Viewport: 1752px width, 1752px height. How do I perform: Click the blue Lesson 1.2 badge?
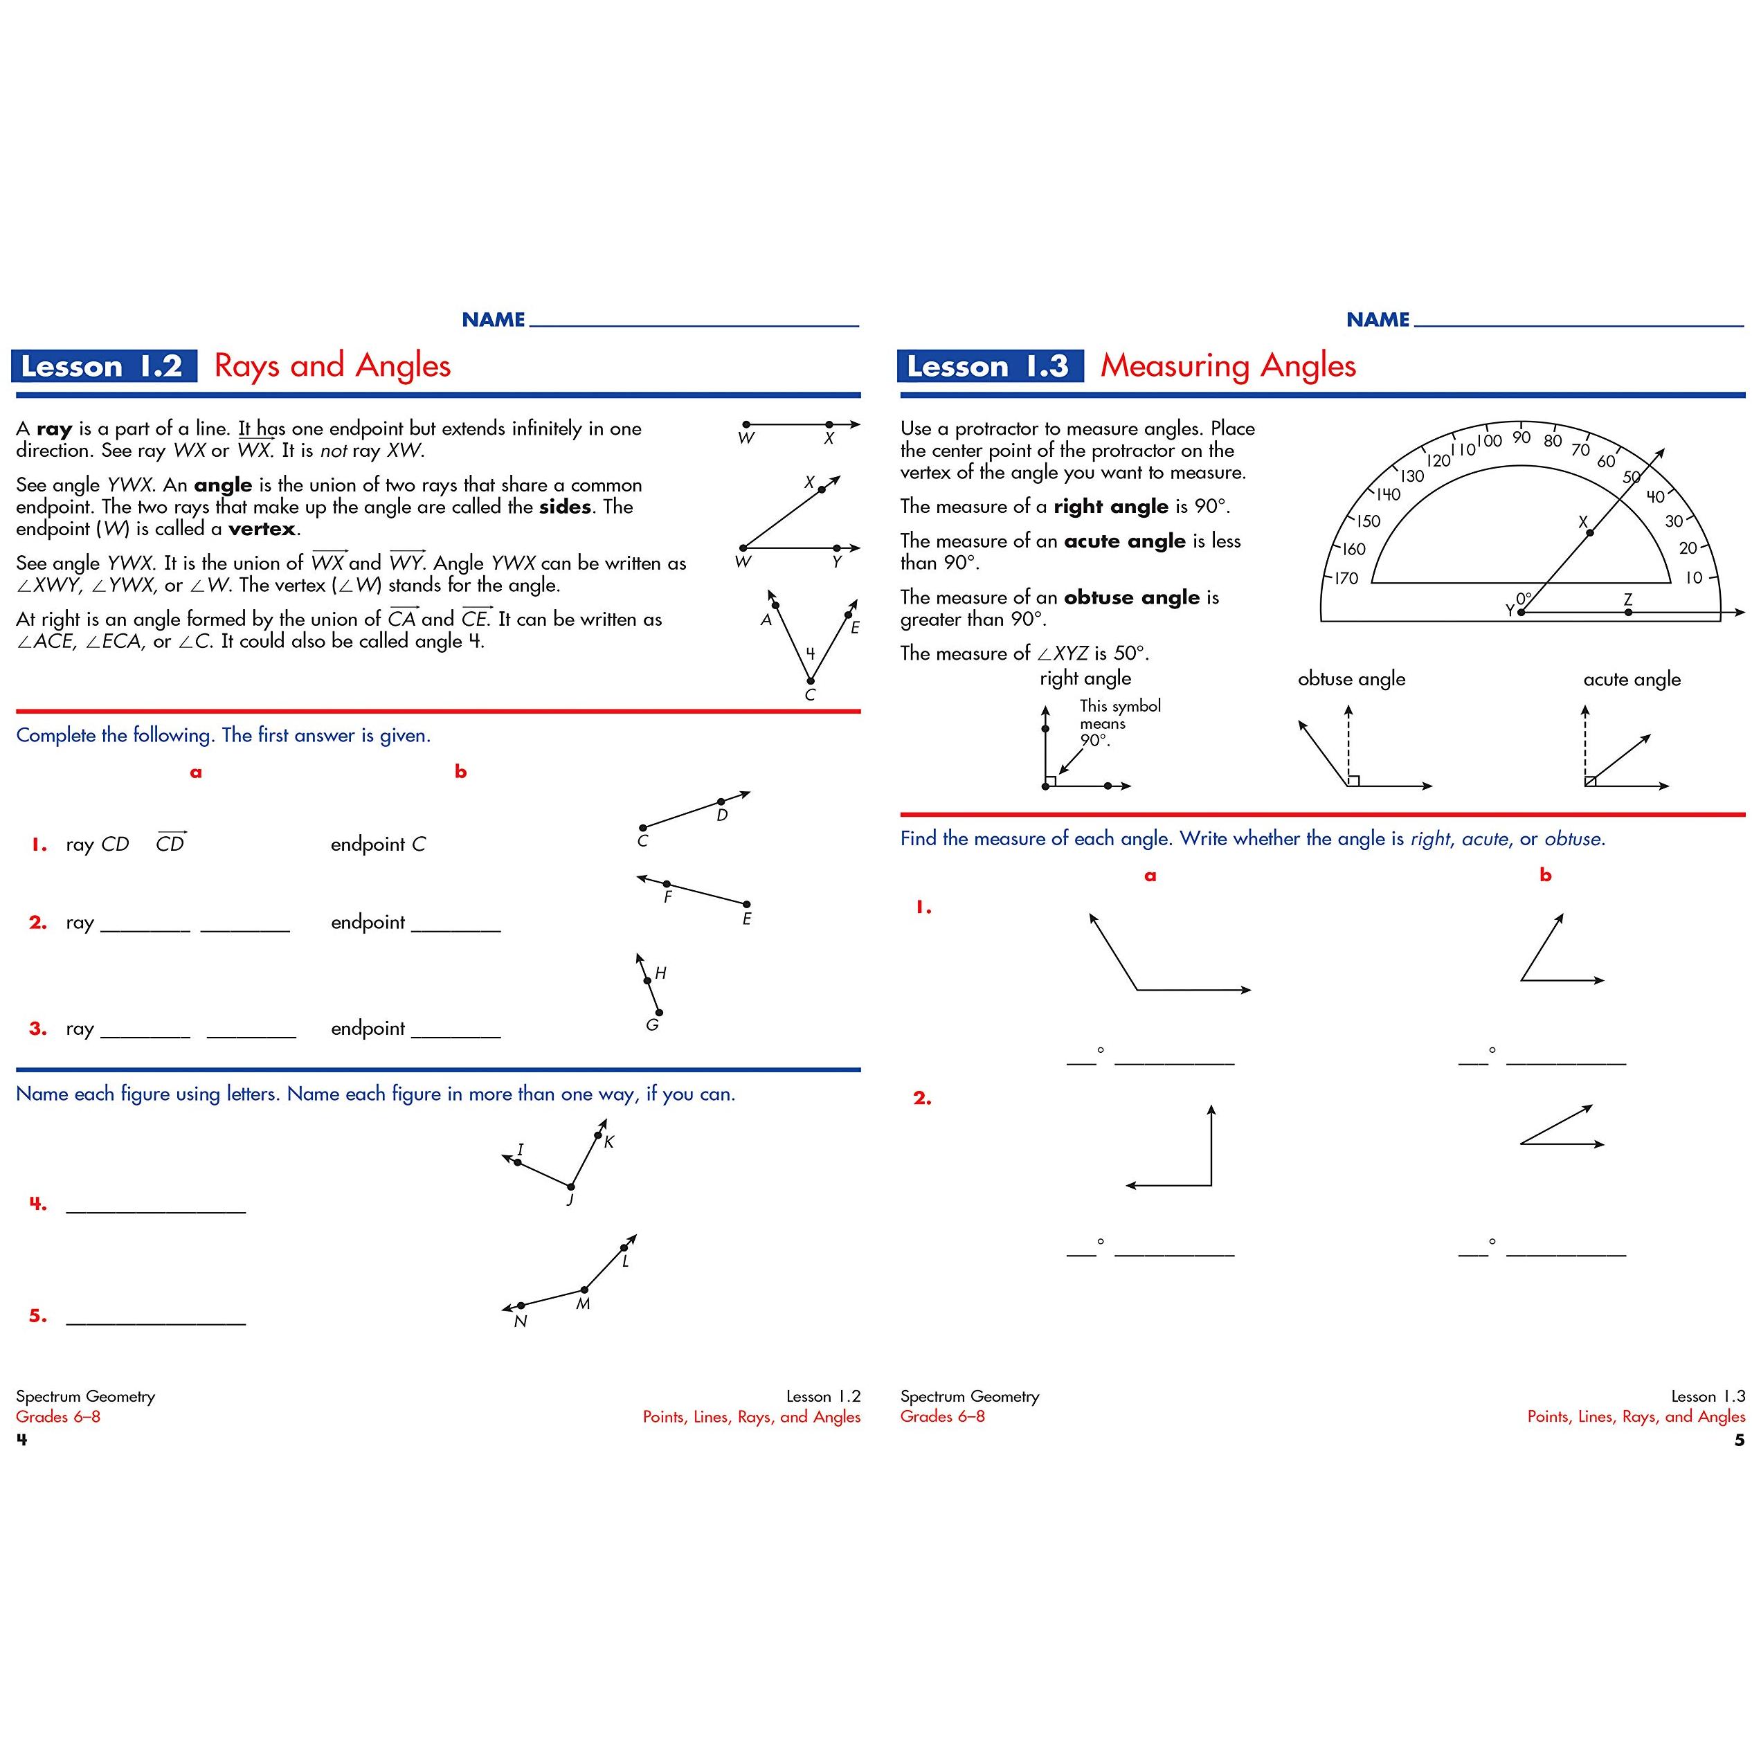tap(102, 366)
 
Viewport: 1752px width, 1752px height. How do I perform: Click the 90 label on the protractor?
tap(1521, 437)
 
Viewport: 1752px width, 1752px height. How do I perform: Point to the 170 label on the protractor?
tap(1346, 577)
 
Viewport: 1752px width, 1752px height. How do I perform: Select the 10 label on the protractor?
tap(1693, 577)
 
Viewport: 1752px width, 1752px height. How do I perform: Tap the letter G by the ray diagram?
tap(652, 1024)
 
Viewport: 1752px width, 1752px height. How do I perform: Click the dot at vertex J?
tap(571, 1186)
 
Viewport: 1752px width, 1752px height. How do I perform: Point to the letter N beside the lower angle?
tap(520, 1321)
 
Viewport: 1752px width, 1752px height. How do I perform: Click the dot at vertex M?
tap(585, 1290)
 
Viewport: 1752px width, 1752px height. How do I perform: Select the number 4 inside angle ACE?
tap(810, 653)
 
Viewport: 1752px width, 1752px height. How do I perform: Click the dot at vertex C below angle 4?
tap(811, 680)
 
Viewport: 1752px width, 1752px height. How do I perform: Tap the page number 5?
tap(1738, 1440)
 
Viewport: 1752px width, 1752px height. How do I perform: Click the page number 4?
tap(21, 1440)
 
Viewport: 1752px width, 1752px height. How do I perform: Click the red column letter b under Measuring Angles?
tap(1545, 875)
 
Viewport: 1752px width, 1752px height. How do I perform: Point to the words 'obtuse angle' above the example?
tap(1351, 679)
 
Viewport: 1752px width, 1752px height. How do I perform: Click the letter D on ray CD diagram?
tap(722, 815)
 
